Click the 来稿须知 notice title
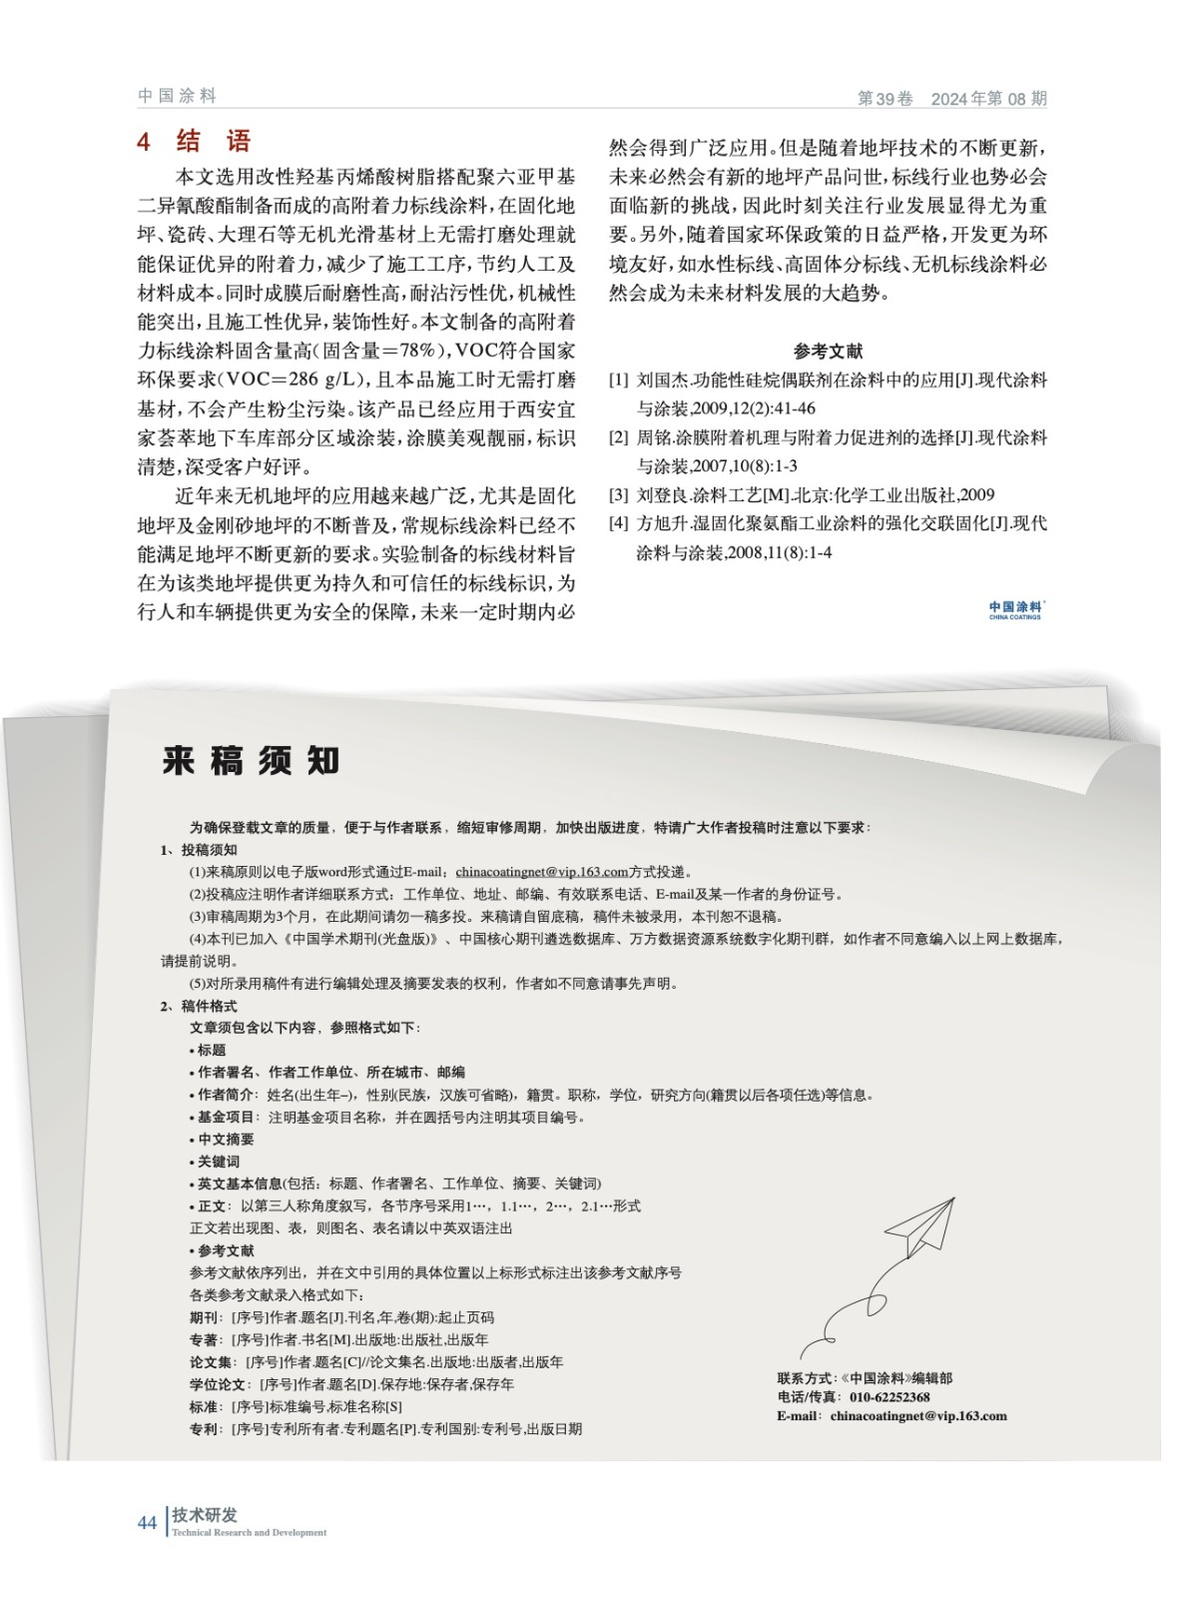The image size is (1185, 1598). (x=251, y=761)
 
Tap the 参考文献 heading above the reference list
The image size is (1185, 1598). (x=828, y=351)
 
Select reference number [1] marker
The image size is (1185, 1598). (x=619, y=381)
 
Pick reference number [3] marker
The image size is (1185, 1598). (x=619, y=494)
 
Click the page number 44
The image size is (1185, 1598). (x=147, y=1522)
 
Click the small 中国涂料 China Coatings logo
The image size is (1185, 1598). (x=1015, y=608)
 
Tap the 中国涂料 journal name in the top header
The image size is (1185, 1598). (x=177, y=96)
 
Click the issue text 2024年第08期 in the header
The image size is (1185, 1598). (x=988, y=99)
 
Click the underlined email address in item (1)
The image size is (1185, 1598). (x=541, y=872)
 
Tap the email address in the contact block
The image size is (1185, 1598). (x=917, y=1415)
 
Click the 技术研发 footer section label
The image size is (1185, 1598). (x=205, y=1515)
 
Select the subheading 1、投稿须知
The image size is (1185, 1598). (x=200, y=850)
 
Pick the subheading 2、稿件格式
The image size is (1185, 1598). (x=200, y=1006)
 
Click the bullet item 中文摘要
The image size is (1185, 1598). (x=225, y=1139)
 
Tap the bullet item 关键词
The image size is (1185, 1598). (x=218, y=1162)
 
